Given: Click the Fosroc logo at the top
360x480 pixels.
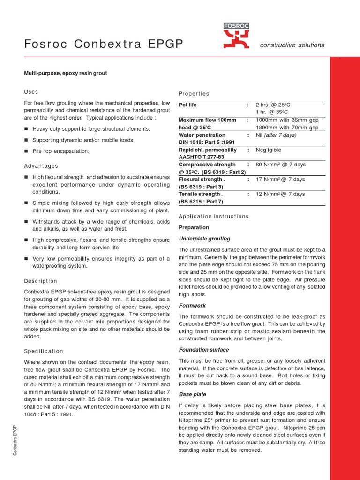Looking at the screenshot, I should click(237, 36).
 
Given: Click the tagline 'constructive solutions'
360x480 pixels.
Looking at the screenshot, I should click(292, 45).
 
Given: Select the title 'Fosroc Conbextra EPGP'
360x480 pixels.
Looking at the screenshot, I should click(104, 45).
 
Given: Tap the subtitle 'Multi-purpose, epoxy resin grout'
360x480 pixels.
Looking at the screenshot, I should click(66, 73).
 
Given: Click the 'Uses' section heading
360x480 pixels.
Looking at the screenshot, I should click(31, 92).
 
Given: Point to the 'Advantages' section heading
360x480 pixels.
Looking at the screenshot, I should click(41, 166).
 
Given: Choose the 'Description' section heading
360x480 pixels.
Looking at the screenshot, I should click(40, 281).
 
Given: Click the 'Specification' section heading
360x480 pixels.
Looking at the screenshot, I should click(43, 351).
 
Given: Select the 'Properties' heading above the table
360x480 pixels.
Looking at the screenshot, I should click(194, 94).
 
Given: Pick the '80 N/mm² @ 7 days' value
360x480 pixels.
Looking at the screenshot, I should click(280, 165).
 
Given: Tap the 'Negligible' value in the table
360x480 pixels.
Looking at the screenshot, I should click(268, 150).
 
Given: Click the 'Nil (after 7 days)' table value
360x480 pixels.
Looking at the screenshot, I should click(277, 135).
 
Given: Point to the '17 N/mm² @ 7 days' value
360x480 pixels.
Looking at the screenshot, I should click(280, 180).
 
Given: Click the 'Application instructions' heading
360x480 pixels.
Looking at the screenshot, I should click(214, 217).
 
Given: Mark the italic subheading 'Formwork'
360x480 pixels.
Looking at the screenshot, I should click(192, 305).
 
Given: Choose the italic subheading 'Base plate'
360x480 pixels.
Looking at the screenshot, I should click(193, 395).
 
